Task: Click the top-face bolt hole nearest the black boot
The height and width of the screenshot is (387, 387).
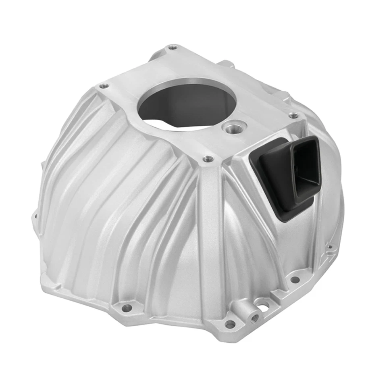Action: [x=294, y=116]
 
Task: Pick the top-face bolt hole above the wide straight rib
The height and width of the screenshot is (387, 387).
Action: [x=208, y=159]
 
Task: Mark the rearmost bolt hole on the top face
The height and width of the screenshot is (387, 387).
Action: [x=173, y=48]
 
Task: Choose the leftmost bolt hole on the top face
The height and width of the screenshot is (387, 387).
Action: [x=104, y=86]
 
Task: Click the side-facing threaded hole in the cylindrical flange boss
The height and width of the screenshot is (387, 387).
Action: [x=254, y=318]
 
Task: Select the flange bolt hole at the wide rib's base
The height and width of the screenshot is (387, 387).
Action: [x=229, y=324]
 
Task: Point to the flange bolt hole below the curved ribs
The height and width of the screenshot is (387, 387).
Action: [x=127, y=308]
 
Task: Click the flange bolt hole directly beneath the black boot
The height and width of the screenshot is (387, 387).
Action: [x=295, y=279]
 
